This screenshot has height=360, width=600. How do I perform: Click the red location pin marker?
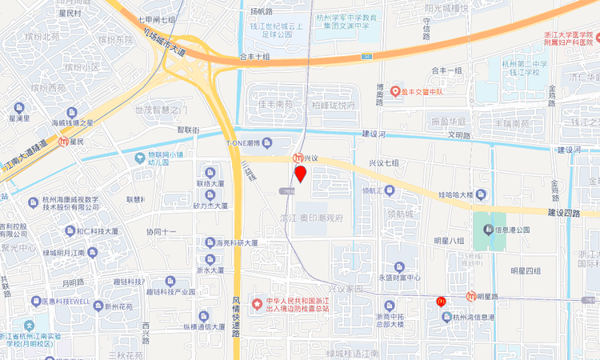pyautogui.click(x=301, y=174)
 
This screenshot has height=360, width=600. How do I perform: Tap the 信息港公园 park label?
pyautogui.click(x=513, y=230)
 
